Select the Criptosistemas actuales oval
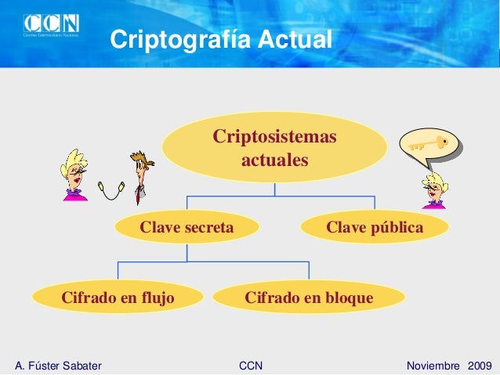[x=274, y=148]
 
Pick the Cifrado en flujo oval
[x=118, y=297]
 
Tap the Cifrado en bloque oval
[x=309, y=297]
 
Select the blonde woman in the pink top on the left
[x=75, y=175]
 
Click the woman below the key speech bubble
[x=433, y=190]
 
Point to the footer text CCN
[x=250, y=366]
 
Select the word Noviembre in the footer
[x=434, y=366]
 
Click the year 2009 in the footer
[x=480, y=366]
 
